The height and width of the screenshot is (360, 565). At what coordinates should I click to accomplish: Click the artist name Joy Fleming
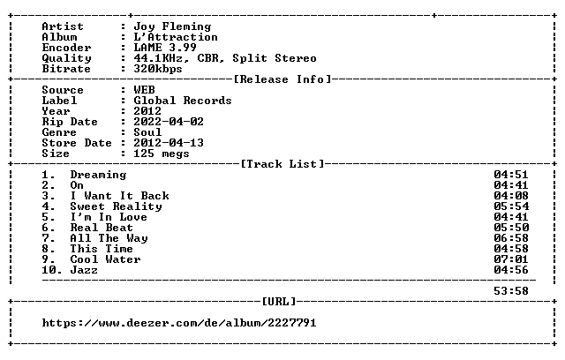(172, 26)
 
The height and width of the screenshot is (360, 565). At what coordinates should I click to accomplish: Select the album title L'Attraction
(176, 37)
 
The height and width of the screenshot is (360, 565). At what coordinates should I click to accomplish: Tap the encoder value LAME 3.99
(165, 48)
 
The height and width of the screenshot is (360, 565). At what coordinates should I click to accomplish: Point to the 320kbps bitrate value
(158, 69)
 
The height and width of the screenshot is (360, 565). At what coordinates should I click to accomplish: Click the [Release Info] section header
(282, 79)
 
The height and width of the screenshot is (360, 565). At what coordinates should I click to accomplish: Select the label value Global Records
(183, 101)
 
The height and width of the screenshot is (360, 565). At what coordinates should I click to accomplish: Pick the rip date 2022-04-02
(169, 122)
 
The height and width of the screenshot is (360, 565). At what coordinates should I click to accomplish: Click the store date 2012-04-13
(169, 143)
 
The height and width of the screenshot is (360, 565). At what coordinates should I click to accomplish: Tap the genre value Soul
(147, 132)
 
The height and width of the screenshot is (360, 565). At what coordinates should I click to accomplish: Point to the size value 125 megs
(162, 154)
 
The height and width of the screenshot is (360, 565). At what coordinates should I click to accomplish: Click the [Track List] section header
(282, 164)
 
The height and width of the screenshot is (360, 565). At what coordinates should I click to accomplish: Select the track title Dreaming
(98, 175)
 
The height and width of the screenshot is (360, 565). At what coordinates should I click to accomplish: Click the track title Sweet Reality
(116, 206)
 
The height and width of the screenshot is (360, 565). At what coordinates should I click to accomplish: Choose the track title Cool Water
(105, 259)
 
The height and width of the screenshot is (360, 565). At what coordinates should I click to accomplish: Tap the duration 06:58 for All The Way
(511, 238)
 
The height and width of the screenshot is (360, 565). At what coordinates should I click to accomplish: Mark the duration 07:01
(511, 259)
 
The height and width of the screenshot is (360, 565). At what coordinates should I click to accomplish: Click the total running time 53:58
(511, 291)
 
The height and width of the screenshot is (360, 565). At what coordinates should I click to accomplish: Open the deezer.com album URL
(179, 323)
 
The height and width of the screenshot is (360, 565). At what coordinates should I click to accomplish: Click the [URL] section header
(279, 301)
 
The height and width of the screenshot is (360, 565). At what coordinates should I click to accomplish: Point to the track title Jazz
(84, 270)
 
